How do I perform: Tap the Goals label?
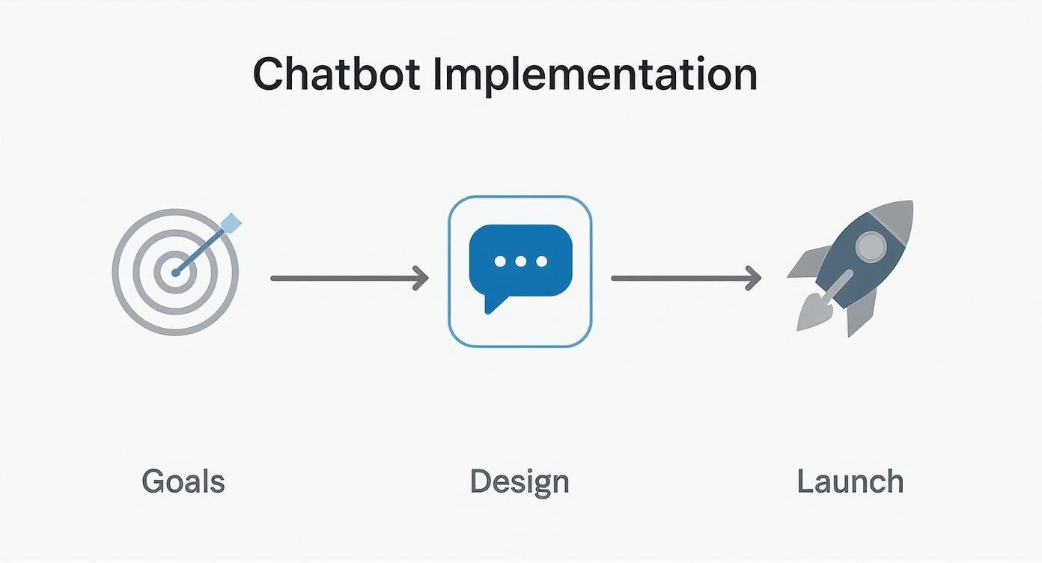183,481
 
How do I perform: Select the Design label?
520,481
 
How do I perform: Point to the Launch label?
850,481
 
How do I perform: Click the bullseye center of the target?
175,273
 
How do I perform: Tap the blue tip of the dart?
233,222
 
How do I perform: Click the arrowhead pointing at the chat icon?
422,279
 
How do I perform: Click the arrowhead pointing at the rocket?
754,279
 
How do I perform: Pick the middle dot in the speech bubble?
521,261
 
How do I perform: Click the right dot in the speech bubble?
541,261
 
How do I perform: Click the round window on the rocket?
869,246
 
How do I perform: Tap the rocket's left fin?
807,264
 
